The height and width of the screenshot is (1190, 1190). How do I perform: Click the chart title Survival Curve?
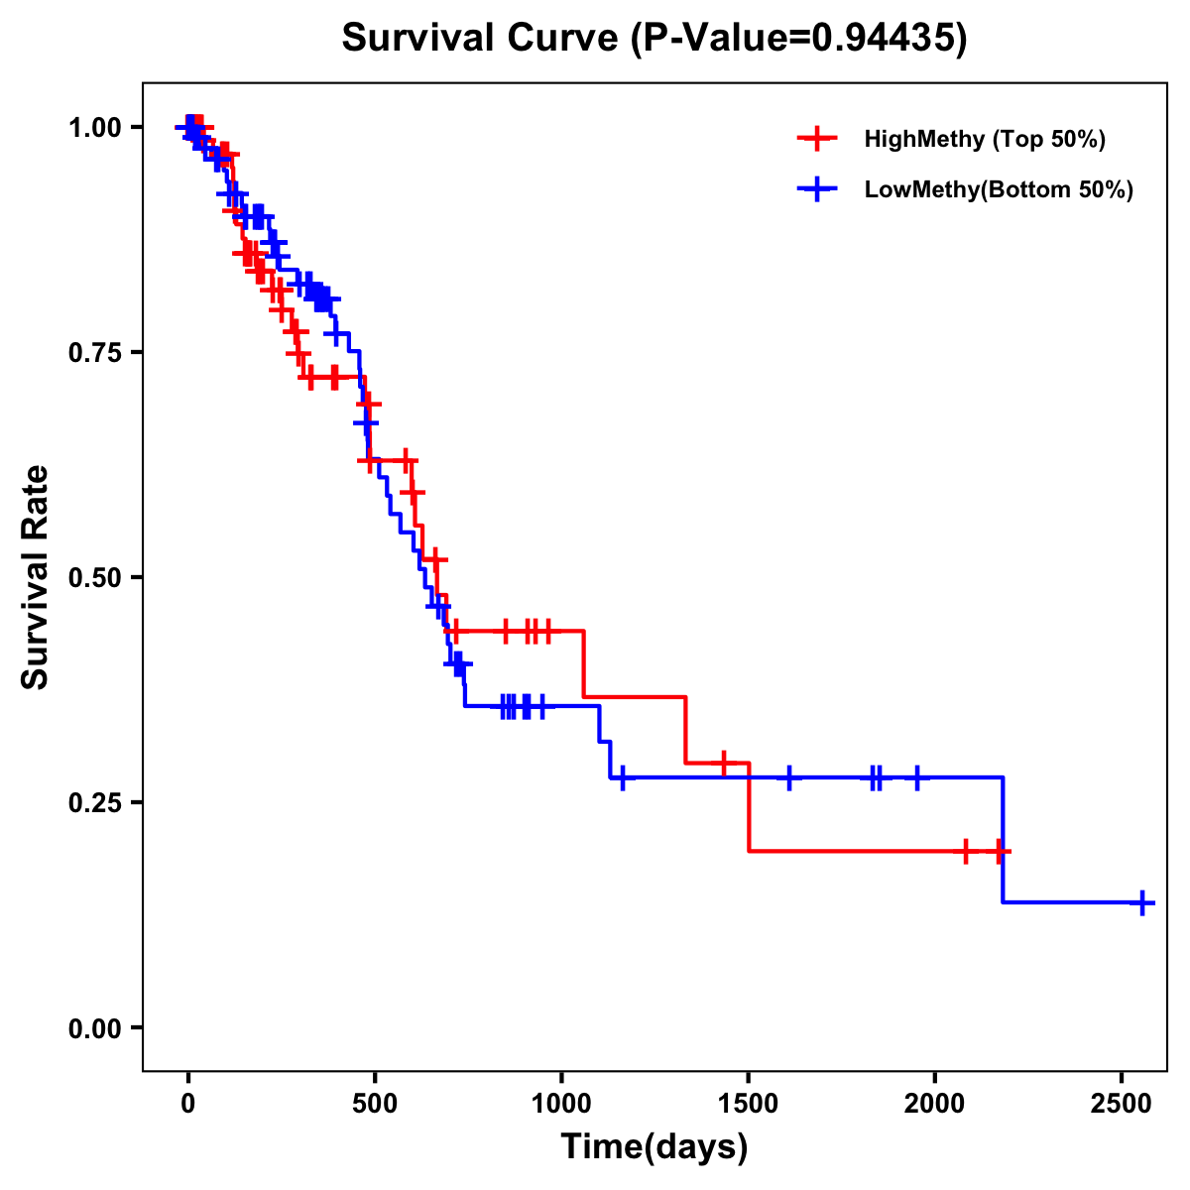tap(654, 39)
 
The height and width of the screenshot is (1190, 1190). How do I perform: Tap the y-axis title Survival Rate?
tap(36, 577)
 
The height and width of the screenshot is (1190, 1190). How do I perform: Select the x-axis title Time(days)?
tap(654, 1147)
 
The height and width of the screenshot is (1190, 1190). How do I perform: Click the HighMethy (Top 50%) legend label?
tap(985, 139)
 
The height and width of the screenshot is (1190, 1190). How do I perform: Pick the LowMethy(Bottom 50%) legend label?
tap(999, 190)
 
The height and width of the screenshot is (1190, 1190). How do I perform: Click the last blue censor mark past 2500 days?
tap(1142, 902)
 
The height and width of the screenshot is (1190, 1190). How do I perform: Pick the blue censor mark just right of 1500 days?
tap(789, 777)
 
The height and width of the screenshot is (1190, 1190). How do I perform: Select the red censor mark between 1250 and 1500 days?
tap(724, 763)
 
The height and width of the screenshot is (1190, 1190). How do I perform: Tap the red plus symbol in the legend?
tap(816, 139)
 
